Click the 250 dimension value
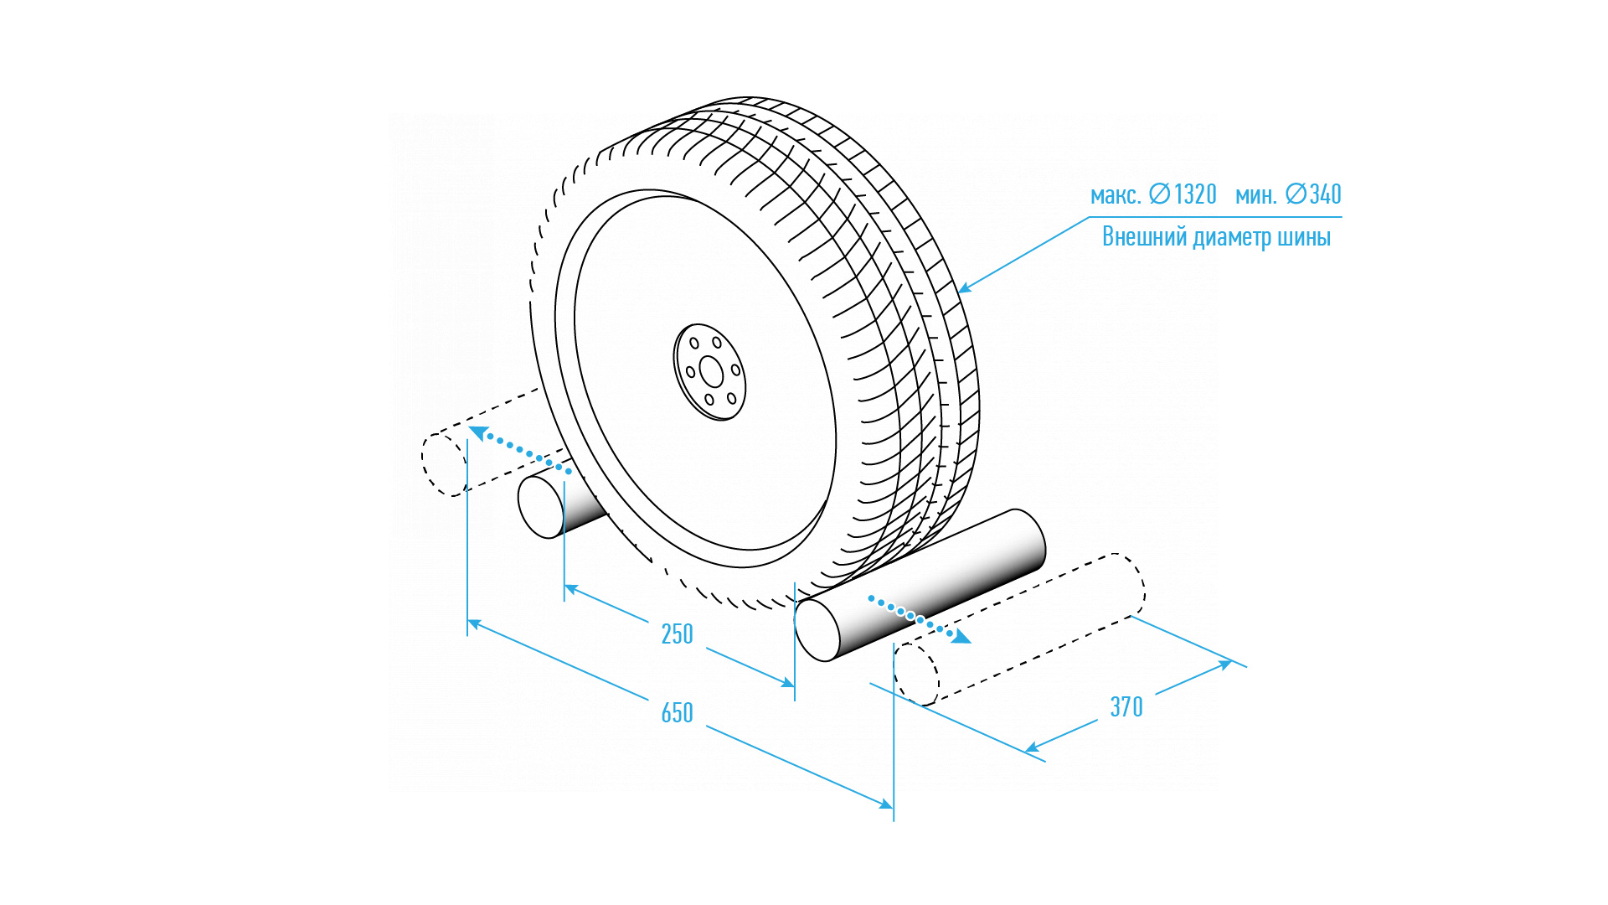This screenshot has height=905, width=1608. click(677, 634)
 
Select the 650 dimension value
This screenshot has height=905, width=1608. click(677, 713)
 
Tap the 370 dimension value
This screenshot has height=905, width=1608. click(1126, 707)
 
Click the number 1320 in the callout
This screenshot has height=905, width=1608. click(1195, 194)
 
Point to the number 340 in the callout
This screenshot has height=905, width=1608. click(1326, 194)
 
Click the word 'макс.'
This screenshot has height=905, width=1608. click(1116, 195)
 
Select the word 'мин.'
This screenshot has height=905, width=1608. click(1255, 195)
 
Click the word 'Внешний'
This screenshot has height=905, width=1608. click(1144, 237)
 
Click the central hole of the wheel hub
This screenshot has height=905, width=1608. click(711, 372)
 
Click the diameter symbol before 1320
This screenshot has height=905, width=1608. click(1159, 194)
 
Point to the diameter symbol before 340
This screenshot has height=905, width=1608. click(1296, 194)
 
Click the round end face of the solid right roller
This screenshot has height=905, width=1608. click(817, 630)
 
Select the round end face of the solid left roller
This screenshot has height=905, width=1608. click(541, 507)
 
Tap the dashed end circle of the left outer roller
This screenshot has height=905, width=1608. click(444, 465)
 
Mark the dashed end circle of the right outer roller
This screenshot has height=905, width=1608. click(916, 675)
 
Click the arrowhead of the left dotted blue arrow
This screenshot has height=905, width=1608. click(477, 432)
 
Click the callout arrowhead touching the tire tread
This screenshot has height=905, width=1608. click(964, 289)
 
